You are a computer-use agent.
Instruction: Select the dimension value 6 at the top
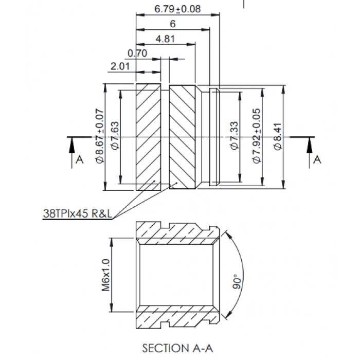click(172, 24)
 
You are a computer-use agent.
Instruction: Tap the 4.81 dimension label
click(165, 39)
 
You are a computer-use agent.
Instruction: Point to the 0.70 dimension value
click(137, 53)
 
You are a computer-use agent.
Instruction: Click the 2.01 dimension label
click(119, 66)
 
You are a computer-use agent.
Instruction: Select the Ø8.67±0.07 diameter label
click(100, 136)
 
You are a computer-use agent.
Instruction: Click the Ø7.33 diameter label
click(234, 136)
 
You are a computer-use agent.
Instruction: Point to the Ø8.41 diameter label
click(277, 136)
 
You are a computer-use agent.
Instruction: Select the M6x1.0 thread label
click(106, 275)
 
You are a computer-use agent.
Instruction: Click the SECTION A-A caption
click(176, 348)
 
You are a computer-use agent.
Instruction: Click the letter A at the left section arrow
click(79, 160)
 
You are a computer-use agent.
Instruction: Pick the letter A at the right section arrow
click(317, 160)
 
